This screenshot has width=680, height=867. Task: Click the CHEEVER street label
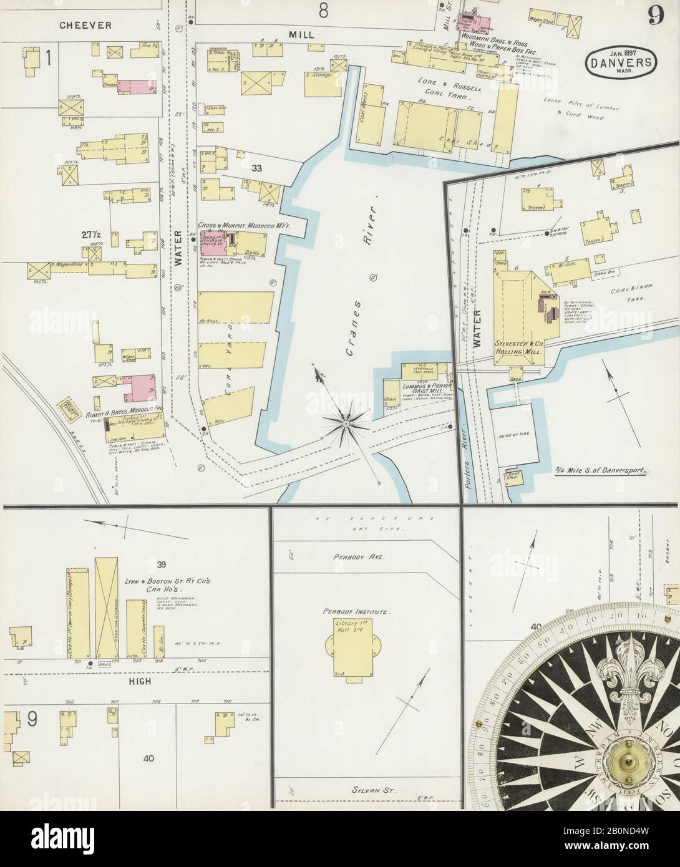pyautogui.click(x=86, y=26)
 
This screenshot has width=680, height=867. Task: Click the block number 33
pyautogui.click(x=256, y=168)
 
